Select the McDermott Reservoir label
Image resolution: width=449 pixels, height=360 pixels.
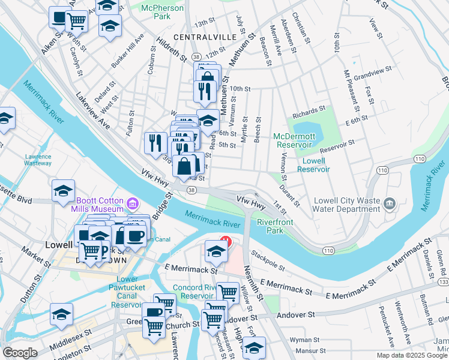click(294, 140)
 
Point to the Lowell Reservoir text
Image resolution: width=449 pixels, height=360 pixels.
click(314, 165)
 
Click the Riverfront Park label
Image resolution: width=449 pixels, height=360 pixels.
click(270, 226)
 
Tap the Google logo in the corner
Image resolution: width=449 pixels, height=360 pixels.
click(20, 353)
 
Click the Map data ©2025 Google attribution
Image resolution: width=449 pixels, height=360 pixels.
click(412, 355)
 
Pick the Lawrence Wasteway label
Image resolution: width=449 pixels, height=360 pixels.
click(38, 160)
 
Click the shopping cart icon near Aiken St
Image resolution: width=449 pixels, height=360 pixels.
click(77, 22)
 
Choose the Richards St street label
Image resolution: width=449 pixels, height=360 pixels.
click(309, 112)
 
